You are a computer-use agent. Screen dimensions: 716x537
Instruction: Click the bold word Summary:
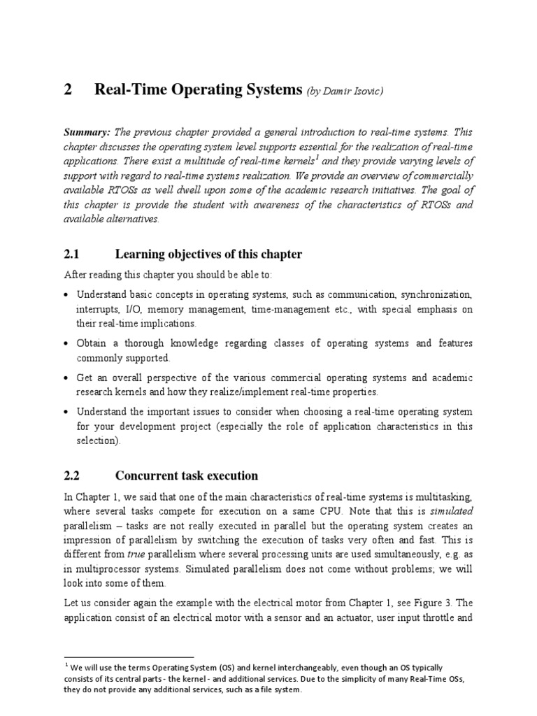[x=87, y=131]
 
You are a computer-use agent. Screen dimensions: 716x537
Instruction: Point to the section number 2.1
[x=73, y=254]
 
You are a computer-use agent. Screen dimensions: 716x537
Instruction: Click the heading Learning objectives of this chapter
[x=208, y=254]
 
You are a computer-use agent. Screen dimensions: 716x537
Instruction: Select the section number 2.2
[x=73, y=475]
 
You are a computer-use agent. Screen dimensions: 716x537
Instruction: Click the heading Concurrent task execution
[x=187, y=475]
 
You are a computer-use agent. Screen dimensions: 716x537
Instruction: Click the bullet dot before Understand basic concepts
[x=67, y=294]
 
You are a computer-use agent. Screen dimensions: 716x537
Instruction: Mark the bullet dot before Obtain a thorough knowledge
[x=67, y=344]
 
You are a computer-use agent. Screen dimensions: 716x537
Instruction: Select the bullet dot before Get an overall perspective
[x=67, y=378]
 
